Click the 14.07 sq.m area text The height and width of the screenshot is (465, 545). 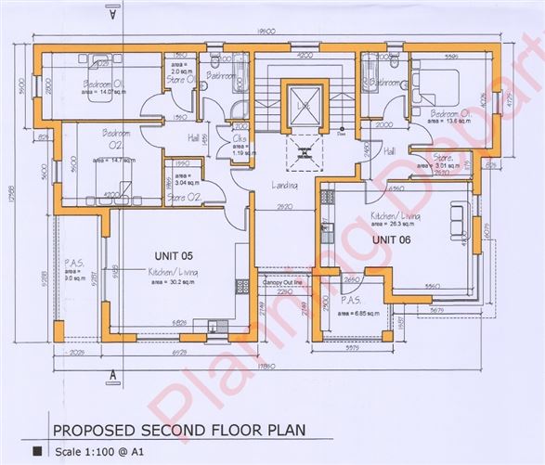pyautogui.click(x=100, y=93)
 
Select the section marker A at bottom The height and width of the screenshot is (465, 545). pyautogui.click(x=111, y=375)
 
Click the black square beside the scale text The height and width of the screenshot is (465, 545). pyautogui.click(x=37, y=450)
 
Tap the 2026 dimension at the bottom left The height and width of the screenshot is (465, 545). pyautogui.click(x=76, y=353)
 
